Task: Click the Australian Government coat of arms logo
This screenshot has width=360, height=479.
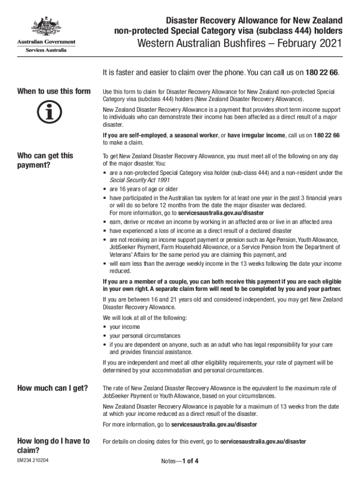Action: pyautogui.click(x=46, y=27)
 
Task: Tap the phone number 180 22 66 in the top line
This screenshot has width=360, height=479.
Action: pyautogui.click(x=322, y=73)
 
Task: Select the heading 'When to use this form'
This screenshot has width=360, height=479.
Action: pyautogui.click(x=54, y=91)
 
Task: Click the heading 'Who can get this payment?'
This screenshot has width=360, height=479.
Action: pyautogui.click(x=45, y=160)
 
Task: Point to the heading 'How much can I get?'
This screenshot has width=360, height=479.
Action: pyautogui.click(x=52, y=388)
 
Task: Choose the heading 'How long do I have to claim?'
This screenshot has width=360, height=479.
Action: pyautogui.click(x=53, y=445)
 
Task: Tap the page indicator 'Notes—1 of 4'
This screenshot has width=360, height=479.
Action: pyautogui.click(x=180, y=461)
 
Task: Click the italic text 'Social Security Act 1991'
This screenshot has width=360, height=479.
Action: pyautogui.click(x=139, y=180)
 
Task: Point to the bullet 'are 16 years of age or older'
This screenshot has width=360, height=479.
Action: pyautogui.click(x=144, y=189)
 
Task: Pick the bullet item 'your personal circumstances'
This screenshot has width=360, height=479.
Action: pyautogui.click(x=145, y=336)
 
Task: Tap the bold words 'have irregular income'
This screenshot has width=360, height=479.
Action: pyautogui.click(x=256, y=135)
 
